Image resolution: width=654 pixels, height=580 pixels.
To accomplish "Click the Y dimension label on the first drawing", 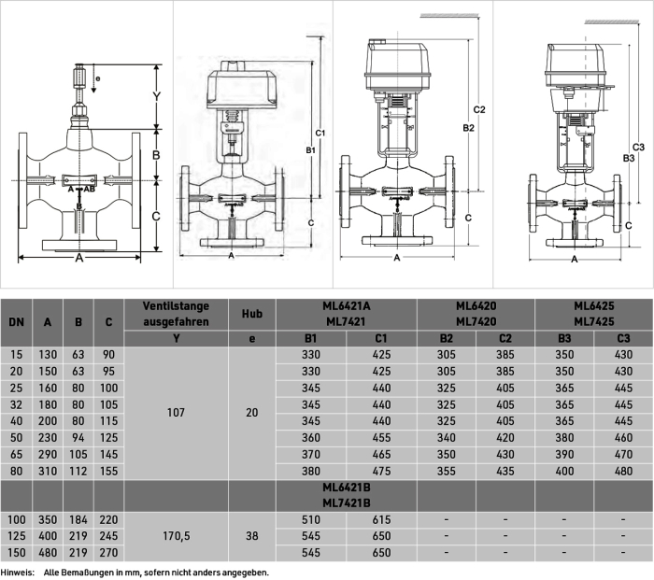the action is point(156,97).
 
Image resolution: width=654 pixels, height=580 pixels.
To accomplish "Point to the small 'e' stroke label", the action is point(98,78).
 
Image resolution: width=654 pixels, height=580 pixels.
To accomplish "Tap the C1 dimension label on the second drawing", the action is point(320,133).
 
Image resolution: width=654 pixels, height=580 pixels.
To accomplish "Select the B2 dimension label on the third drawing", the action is point(469,128).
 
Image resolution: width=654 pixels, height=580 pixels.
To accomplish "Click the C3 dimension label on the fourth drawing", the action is point(638,148).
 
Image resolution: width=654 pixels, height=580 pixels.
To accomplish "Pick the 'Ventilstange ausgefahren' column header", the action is point(176,314).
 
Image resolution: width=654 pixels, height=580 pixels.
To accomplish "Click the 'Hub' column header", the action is point(252,314).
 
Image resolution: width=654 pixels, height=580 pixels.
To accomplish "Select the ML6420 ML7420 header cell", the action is point(476,314).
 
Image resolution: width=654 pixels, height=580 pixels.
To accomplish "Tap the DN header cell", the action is point(16,322).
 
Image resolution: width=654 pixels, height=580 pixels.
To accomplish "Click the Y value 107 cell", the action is point(176,413).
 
